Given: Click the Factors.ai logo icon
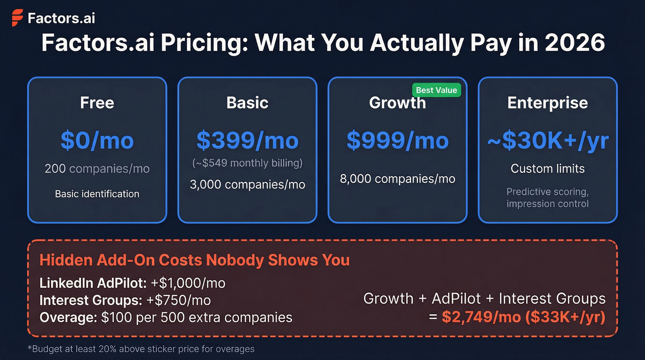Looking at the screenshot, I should (17, 18).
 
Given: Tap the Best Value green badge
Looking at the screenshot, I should (436, 90).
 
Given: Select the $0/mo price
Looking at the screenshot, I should (97, 140).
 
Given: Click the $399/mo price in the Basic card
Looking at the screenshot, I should (247, 140).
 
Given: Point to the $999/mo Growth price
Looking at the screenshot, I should (397, 140).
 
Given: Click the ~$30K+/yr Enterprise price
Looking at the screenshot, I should (548, 140).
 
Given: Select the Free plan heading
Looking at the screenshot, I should (97, 102).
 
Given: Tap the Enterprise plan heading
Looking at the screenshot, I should (547, 102).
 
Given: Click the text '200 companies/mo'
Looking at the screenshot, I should (97, 169).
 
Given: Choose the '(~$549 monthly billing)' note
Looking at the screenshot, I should (247, 163).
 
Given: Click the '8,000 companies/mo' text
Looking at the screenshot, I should (397, 179).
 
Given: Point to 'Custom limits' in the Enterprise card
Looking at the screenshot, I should (547, 169).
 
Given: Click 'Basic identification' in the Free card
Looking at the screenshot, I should (97, 194).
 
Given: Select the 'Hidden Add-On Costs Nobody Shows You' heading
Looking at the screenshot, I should (194, 260).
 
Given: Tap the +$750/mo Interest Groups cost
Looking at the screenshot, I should (178, 301).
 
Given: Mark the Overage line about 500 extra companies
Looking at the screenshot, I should (166, 318).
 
